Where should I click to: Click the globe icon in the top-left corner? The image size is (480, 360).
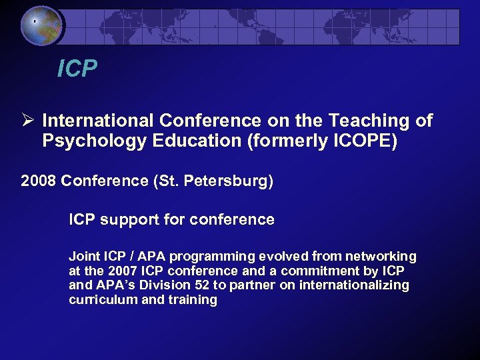[x=41, y=25]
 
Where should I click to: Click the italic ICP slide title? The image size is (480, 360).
[x=77, y=68]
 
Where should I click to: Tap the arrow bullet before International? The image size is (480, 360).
[x=27, y=121]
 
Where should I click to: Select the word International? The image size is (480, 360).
[x=97, y=121]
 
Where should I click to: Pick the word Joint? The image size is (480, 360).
[x=83, y=257]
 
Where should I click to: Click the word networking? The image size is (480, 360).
[x=380, y=257]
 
